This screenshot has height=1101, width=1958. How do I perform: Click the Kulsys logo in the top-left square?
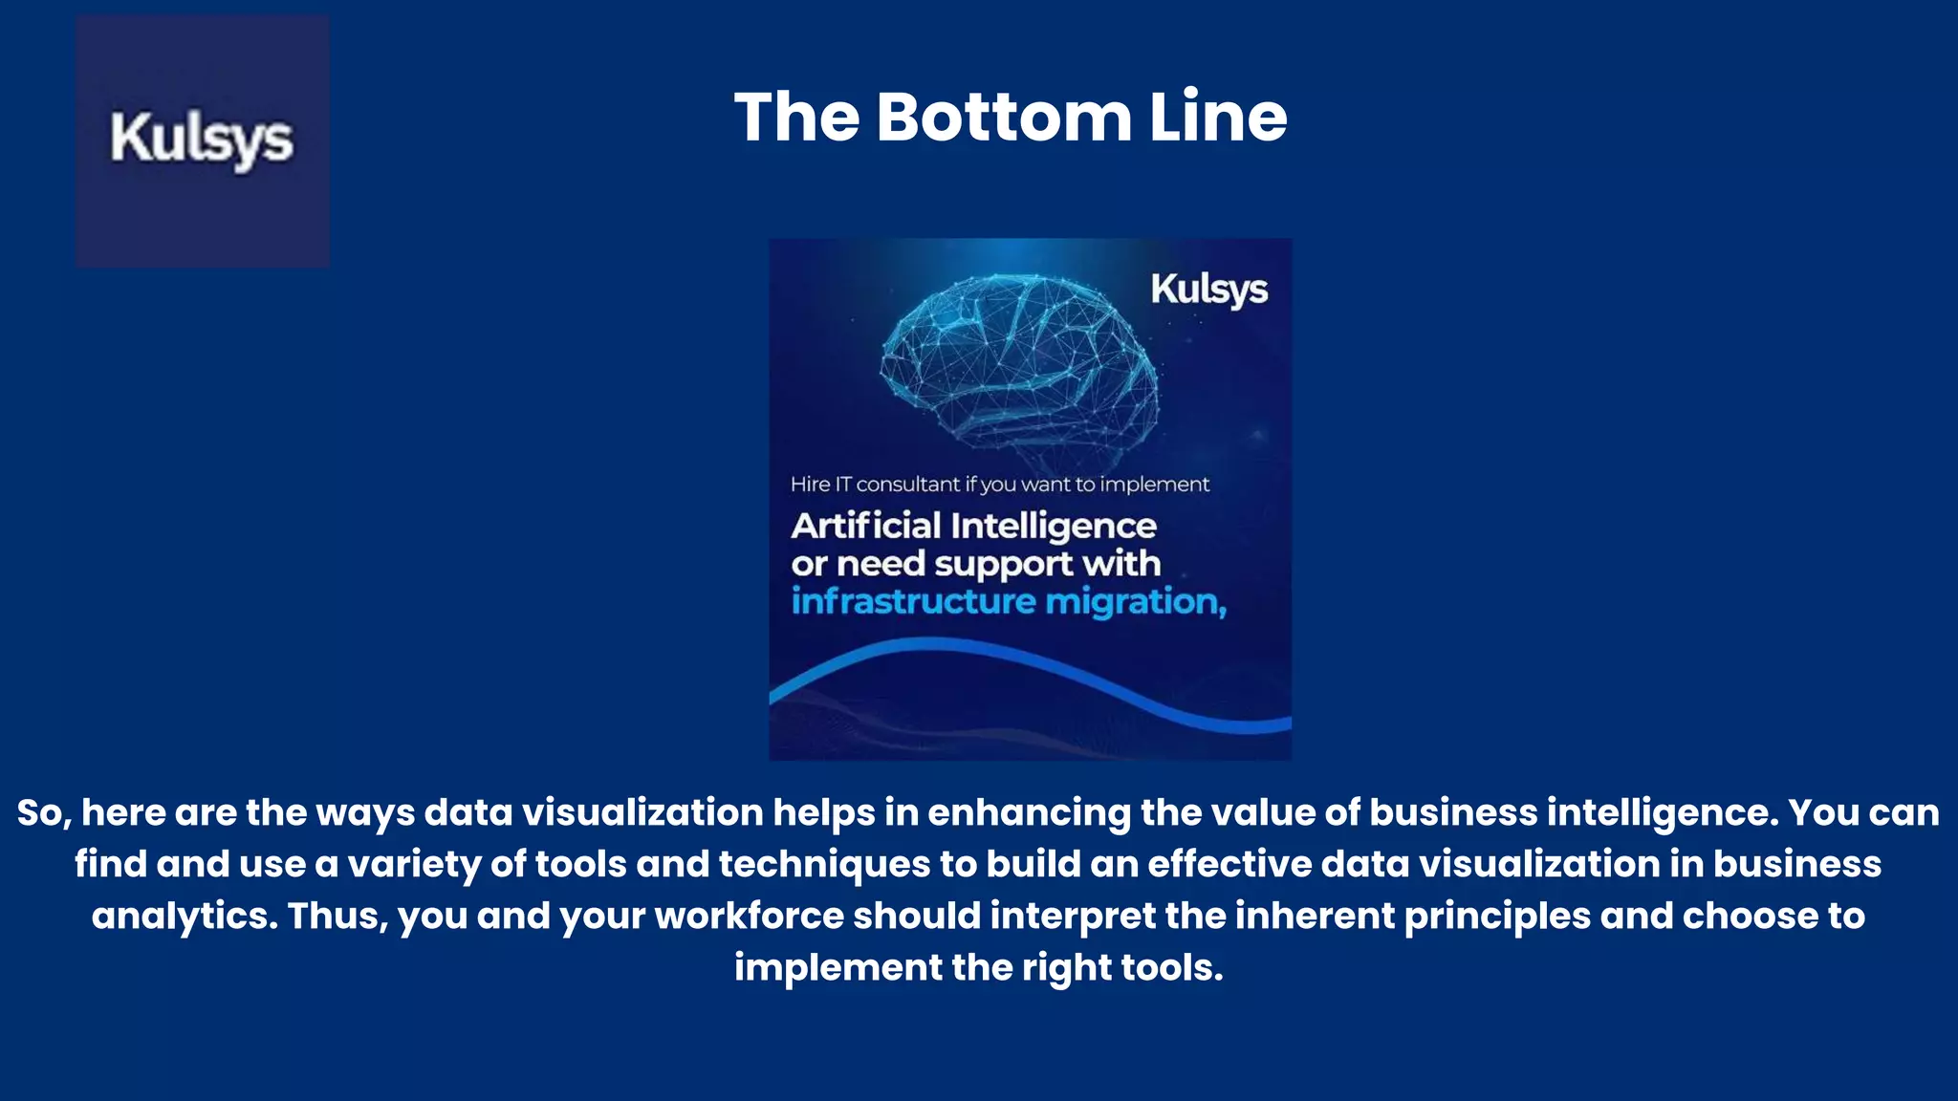tap(202, 140)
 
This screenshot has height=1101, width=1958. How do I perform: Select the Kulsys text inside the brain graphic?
tap(1208, 290)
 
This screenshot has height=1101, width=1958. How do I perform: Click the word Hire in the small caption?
tap(810, 485)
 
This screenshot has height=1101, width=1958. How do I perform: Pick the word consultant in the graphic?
tap(907, 485)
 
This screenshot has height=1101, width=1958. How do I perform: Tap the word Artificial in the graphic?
tap(866, 526)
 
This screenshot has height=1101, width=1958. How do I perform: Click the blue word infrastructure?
tap(913, 602)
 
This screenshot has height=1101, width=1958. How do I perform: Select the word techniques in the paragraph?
tap(824, 865)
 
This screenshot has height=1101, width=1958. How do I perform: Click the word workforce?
tap(749, 917)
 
